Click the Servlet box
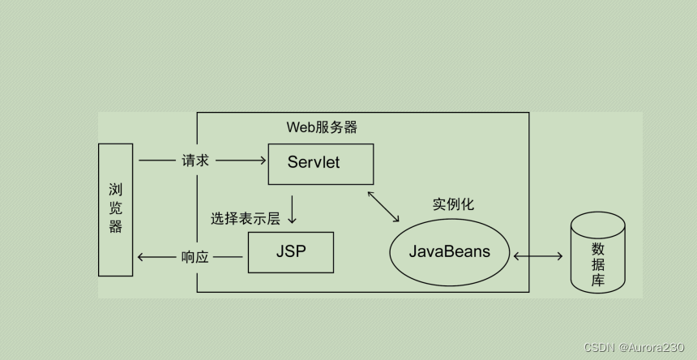320,163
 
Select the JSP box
290,251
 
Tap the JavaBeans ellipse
450,251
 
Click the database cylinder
598,253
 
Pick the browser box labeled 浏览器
115,209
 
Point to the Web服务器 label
322,127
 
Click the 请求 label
195,161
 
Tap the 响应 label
195,258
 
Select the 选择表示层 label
245,218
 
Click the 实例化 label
454,204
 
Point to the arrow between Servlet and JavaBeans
383,206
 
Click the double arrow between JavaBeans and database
538,257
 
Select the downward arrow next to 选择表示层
292,210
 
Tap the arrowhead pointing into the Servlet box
263,161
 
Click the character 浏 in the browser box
115,190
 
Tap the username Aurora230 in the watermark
658,347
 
